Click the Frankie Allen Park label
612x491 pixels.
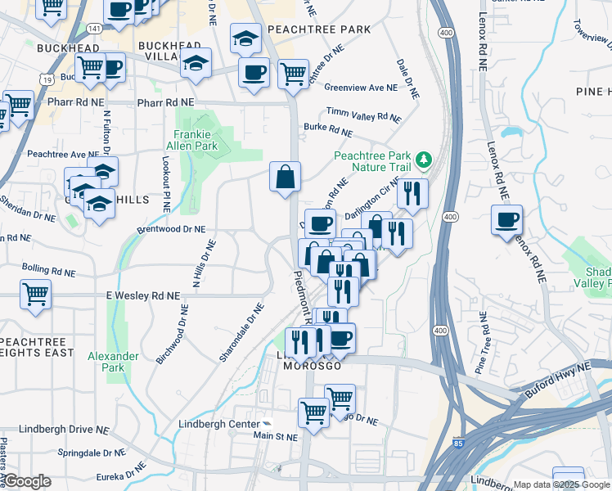pos(196,140)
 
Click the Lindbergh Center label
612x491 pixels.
pos(218,424)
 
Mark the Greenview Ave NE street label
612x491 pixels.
pos(361,87)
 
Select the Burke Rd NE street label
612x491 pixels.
pos(328,128)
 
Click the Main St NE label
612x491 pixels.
pos(275,436)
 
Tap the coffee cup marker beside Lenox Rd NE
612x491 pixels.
pos(507,220)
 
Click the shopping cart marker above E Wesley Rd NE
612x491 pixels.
pos(35,294)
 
